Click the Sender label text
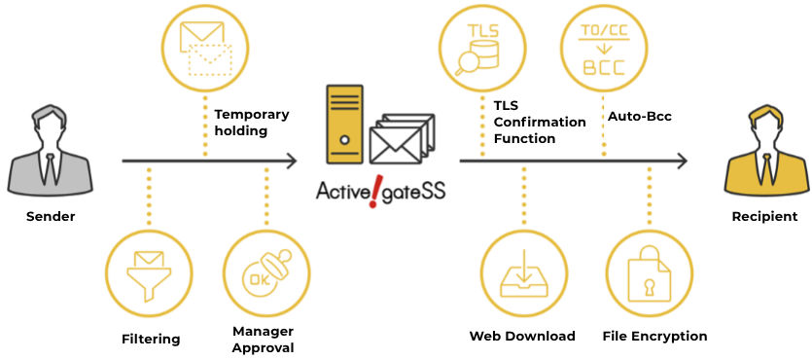click(51, 217)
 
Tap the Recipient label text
click(765, 217)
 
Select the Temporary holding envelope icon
click(205, 50)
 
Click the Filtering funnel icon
click(149, 275)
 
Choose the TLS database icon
click(477, 50)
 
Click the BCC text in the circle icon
click(604, 67)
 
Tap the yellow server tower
click(344, 124)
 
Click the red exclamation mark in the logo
click(372, 194)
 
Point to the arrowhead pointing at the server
click(292, 162)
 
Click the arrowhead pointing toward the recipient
click(681, 162)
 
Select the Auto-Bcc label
click(639, 117)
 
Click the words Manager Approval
click(264, 340)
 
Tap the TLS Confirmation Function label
click(540, 123)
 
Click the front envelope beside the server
click(395, 146)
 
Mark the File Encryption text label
click(655, 337)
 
